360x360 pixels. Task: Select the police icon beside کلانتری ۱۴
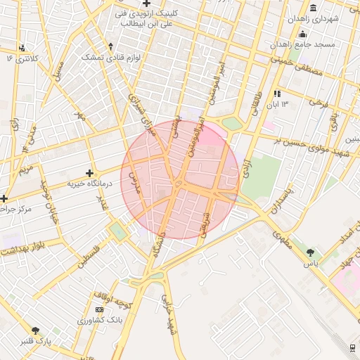click(22, 48)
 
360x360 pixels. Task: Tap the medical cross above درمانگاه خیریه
click(89, 173)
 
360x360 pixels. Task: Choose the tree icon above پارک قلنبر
click(34, 330)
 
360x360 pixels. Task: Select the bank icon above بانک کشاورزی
click(99, 309)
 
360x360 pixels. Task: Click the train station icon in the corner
click(352, 347)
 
